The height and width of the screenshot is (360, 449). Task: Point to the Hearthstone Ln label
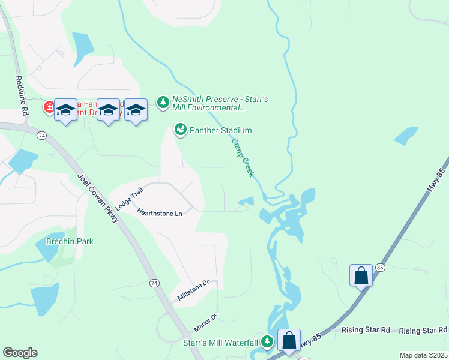[x=159, y=213]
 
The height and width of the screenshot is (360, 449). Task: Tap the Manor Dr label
[x=205, y=323]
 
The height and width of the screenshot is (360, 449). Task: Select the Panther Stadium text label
[x=220, y=130]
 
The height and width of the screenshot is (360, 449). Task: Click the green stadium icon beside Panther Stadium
[x=179, y=130]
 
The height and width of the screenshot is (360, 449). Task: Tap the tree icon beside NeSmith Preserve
[x=163, y=103]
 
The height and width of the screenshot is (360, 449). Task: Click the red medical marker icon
[x=49, y=108]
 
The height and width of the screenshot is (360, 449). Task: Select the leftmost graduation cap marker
[x=66, y=110]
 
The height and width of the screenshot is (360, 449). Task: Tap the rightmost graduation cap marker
[x=136, y=110]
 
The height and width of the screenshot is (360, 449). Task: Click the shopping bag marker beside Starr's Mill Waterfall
[x=289, y=340]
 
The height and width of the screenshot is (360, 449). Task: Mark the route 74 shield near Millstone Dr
[x=154, y=283]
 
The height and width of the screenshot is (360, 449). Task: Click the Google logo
[x=20, y=353]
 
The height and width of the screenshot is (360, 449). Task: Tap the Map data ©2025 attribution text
[x=424, y=355]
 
